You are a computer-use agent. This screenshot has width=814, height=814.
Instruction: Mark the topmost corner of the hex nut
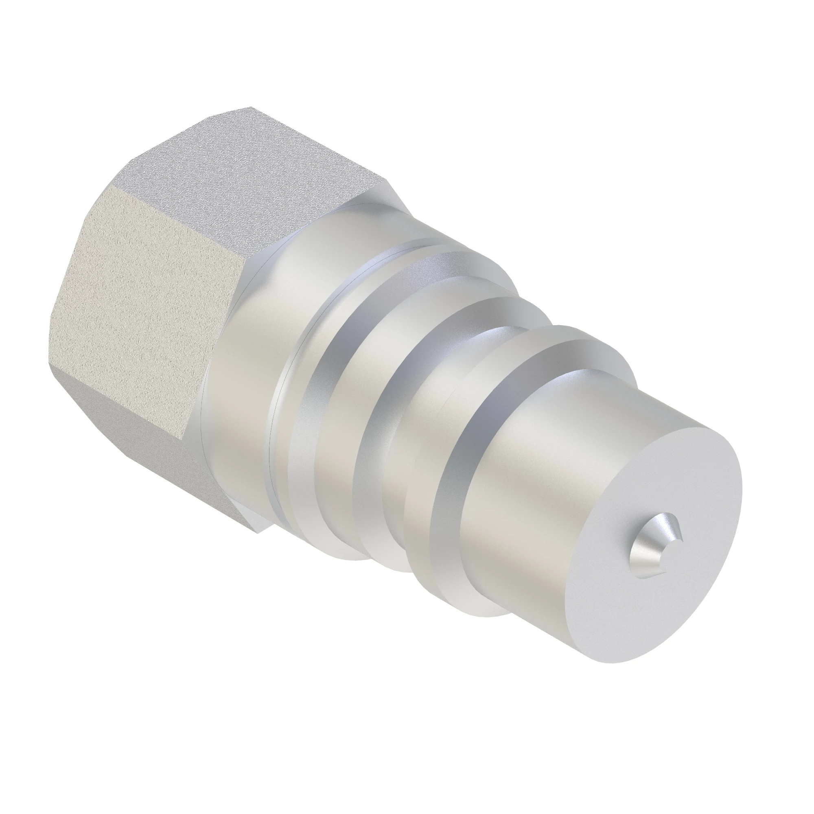pos(251,107)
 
